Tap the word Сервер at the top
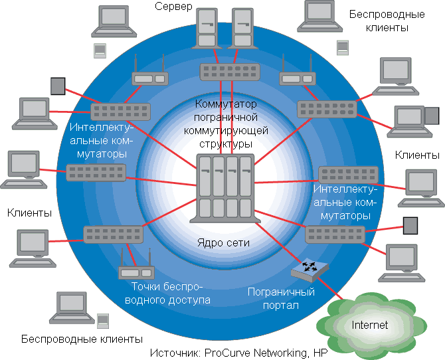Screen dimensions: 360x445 click(x=173, y=7)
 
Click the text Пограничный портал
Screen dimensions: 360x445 click(x=280, y=298)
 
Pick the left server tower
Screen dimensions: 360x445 click(x=207, y=29)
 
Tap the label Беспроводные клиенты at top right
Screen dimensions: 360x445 click(x=378, y=21)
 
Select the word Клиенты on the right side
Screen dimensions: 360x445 click(x=417, y=155)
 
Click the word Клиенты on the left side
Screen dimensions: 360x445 click(x=29, y=213)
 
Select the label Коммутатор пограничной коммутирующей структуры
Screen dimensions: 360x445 click(x=226, y=124)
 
